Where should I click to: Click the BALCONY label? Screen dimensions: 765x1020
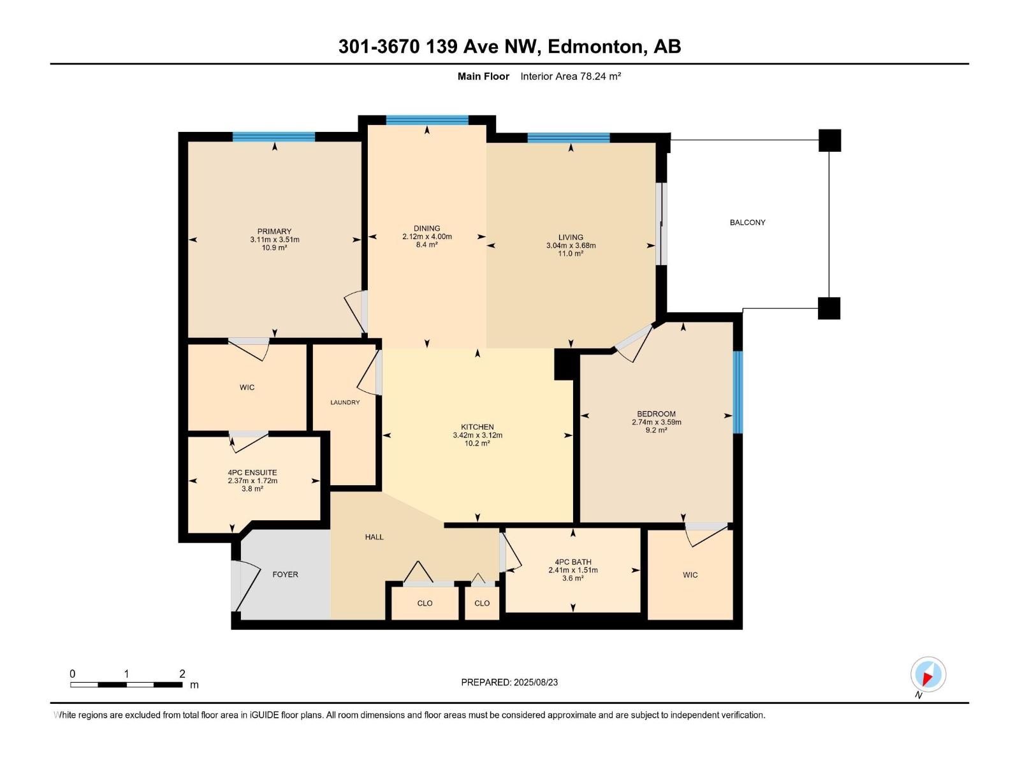click(747, 222)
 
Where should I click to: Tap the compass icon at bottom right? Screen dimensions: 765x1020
click(928, 674)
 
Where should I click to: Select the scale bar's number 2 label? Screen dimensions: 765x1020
click(182, 674)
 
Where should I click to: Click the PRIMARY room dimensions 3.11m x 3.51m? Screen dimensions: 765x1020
click(275, 240)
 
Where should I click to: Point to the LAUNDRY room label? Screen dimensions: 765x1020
click(345, 402)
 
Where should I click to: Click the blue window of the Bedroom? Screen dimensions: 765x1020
click(738, 392)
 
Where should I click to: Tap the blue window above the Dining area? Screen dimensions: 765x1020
click(427, 120)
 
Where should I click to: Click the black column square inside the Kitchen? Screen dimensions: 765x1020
click(565, 365)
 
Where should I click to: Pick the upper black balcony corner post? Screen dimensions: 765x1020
click(829, 140)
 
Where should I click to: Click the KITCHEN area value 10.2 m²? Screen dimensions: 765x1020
click(477, 444)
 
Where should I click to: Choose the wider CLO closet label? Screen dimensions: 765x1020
click(425, 603)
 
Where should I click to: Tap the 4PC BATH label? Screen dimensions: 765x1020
click(573, 562)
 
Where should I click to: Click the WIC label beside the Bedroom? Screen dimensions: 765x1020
click(690, 575)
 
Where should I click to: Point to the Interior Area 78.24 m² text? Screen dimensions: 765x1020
click(571, 76)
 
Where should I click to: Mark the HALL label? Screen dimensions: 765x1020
click(374, 537)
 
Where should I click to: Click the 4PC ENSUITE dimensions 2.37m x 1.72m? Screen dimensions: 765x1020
click(252, 481)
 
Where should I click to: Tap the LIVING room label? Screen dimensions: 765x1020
click(571, 237)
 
